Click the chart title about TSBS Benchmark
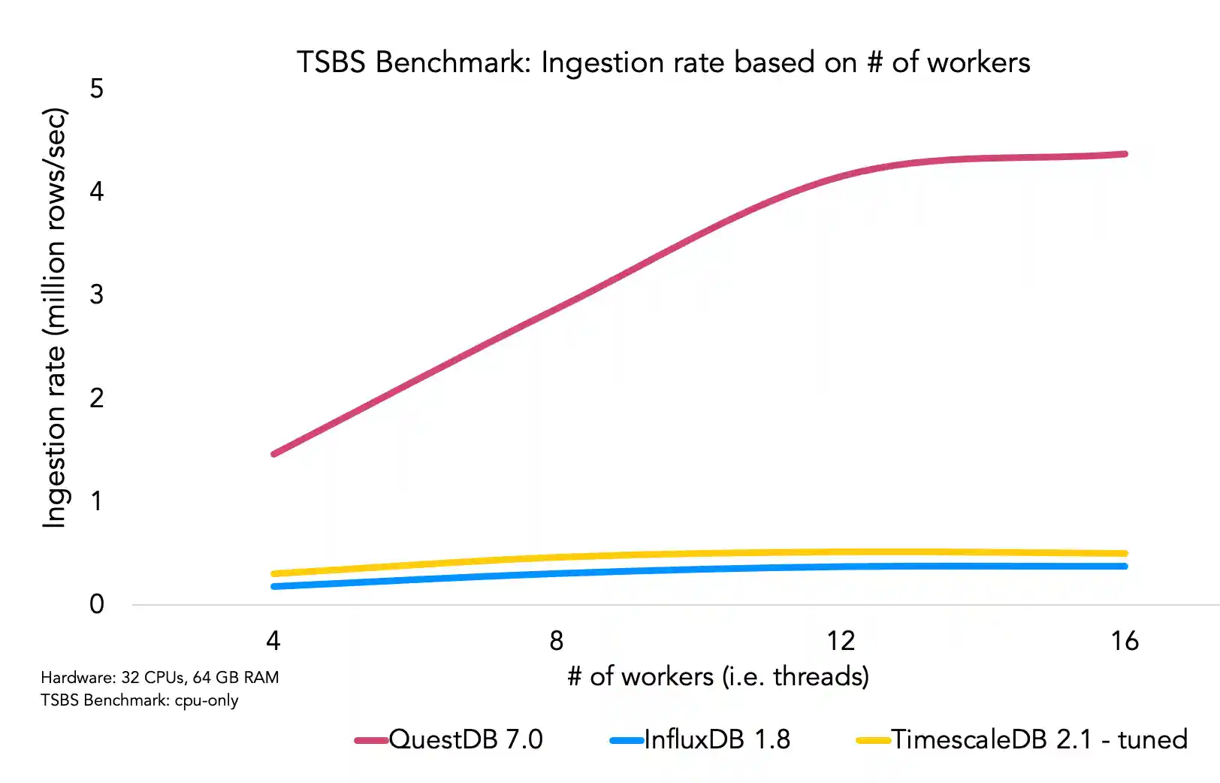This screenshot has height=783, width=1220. [663, 62]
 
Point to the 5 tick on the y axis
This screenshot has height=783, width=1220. [97, 89]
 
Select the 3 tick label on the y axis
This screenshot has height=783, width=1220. [97, 295]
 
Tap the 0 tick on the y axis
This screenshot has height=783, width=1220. [97, 604]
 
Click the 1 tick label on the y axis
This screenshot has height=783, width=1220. [97, 501]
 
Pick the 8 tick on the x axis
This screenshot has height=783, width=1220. [556, 641]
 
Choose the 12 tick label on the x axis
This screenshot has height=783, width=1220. [841, 641]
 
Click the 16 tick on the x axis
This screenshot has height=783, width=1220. [1125, 641]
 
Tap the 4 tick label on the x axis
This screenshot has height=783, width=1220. [273, 641]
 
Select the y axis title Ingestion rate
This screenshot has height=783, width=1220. [54, 319]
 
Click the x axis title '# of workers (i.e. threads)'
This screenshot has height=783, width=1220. [718, 676]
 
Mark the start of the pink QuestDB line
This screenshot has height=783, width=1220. [274, 454]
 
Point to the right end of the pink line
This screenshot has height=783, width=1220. [1125, 154]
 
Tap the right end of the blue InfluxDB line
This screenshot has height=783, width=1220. [1125, 566]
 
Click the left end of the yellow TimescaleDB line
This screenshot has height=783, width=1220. [274, 574]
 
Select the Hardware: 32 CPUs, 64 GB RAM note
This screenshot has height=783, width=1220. [160, 678]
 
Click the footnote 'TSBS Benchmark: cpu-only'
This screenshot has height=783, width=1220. [140, 700]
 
